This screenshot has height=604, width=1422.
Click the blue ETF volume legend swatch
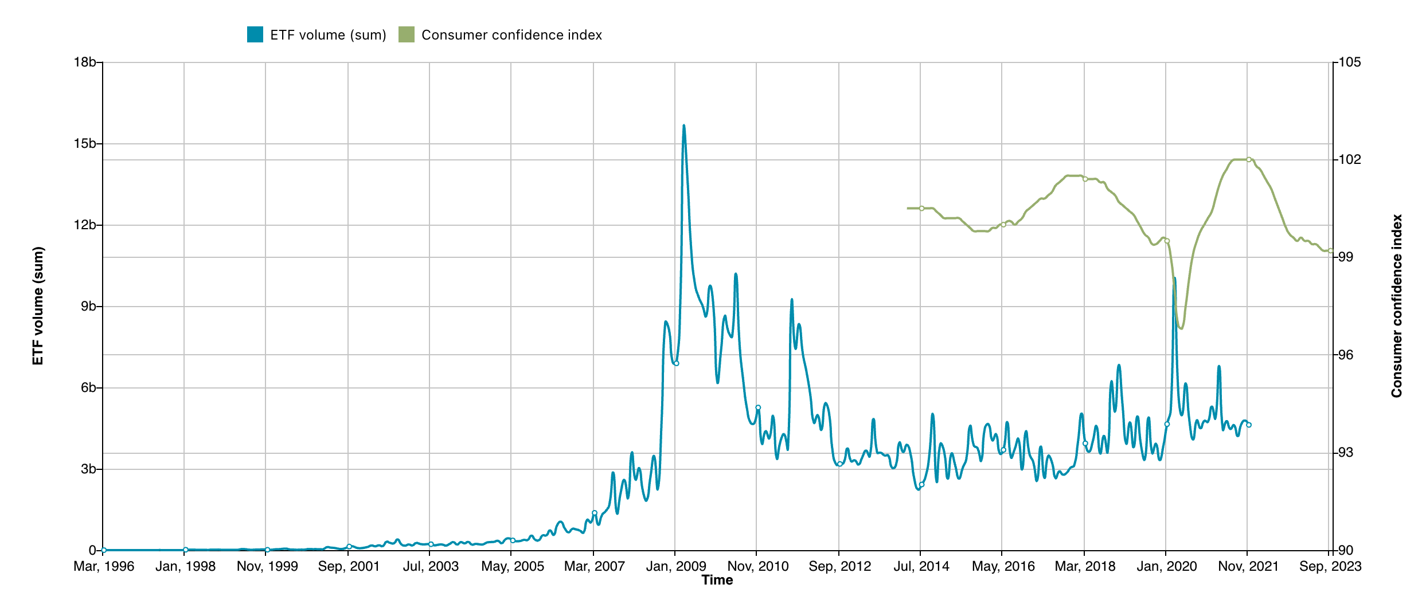point(255,34)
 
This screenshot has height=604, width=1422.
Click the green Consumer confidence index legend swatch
point(407,34)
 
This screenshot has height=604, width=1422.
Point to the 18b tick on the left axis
point(84,62)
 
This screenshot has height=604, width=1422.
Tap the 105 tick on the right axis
point(1349,62)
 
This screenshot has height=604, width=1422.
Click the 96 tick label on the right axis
point(1345,355)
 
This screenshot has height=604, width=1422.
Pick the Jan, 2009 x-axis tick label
point(676,567)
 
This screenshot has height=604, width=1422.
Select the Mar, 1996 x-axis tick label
point(104,567)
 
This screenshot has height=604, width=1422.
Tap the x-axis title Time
point(717,581)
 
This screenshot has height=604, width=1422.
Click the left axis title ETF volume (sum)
point(38,306)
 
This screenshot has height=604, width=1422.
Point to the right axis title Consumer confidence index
point(1396,306)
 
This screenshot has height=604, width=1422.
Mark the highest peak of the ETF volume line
point(683,126)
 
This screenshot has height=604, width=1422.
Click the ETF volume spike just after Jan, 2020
point(1174,279)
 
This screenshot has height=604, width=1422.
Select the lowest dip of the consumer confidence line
point(1181,328)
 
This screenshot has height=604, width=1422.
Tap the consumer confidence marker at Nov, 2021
point(1249,160)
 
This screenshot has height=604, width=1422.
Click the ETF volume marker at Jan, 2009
point(677,363)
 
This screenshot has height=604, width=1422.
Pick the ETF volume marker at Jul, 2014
point(921,485)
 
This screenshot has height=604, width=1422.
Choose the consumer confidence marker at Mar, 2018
point(1085,179)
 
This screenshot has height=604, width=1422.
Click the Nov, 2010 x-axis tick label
point(758,567)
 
